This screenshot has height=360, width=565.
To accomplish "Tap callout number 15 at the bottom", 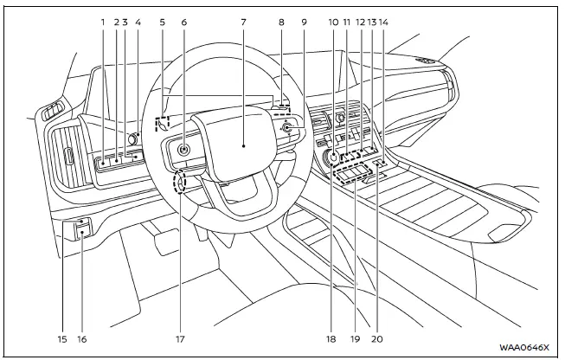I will coord(61,339).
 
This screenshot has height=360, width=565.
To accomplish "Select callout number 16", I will coord(83,339).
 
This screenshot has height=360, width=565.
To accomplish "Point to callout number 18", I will coord(331,339).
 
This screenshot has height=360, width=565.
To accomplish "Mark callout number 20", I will coord(376,339).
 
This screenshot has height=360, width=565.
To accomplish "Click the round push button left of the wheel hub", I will coord(183,149).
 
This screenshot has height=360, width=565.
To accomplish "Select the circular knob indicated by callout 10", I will coord(332,157).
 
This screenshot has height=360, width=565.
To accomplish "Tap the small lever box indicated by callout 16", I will coord(82,228).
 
